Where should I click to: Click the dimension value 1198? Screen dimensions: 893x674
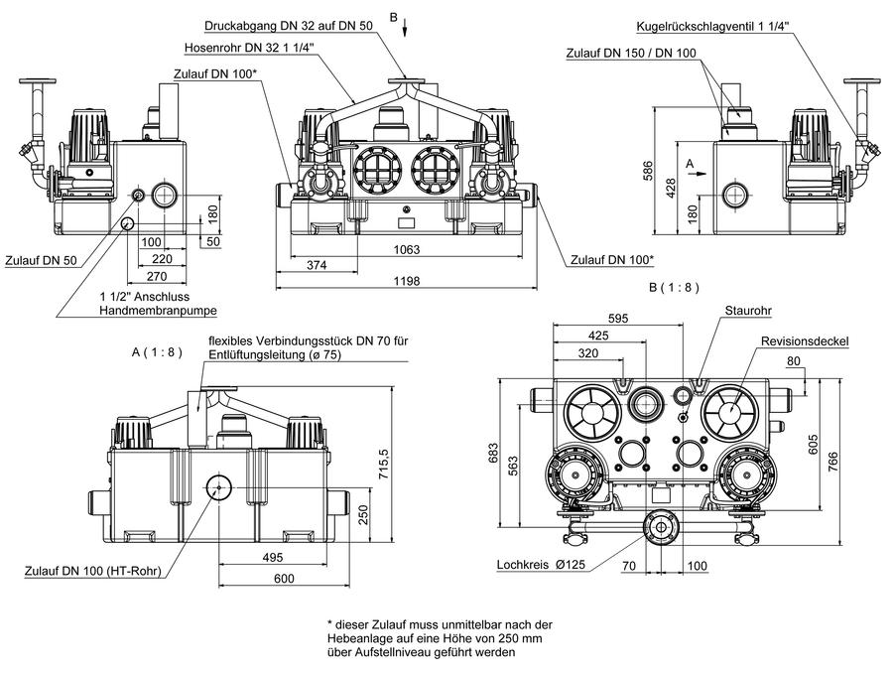point(407,280)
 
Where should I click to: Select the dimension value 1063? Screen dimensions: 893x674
point(407,249)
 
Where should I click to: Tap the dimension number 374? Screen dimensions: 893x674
point(317,265)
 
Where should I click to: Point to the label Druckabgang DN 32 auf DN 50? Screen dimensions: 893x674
point(289,26)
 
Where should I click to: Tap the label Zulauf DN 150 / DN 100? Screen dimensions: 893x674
point(631,53)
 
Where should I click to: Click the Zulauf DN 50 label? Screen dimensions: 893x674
point(41,261)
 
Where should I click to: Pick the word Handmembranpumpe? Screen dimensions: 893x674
point(159,311)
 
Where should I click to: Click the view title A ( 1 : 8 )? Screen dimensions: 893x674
point(157,352)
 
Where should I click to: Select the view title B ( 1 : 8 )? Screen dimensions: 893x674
point(674,287)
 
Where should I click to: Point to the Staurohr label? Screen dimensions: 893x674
point(748,311)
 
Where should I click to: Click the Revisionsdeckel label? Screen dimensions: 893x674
point(805,341)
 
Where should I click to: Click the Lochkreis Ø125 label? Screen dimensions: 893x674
point(541,565)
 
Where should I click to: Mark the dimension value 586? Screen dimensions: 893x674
point(648,171)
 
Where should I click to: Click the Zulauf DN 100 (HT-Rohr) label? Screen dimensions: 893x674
point(93,571)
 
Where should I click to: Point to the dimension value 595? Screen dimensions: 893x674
point(618,318)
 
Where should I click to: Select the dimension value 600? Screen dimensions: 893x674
point(284,579)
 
